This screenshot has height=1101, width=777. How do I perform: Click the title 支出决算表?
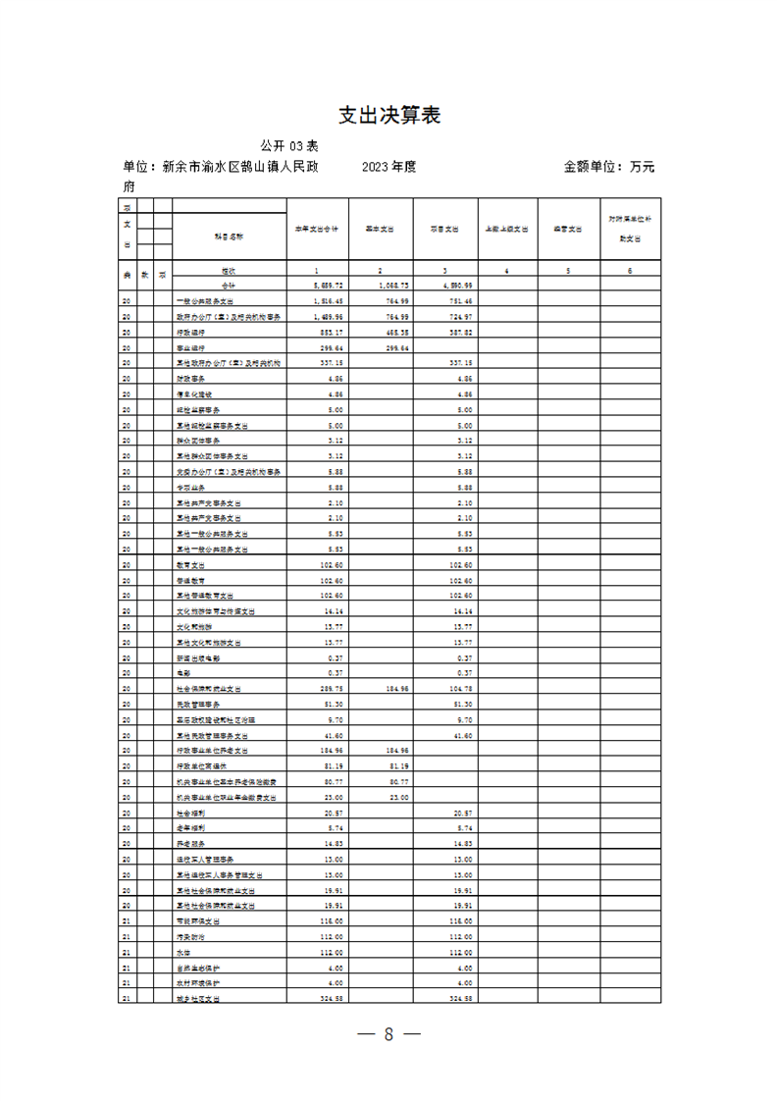point(388,115)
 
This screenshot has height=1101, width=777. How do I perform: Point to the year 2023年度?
point(388,167)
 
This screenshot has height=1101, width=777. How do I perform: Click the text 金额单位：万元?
point(608,167)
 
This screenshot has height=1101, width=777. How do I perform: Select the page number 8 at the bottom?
point(388,1034)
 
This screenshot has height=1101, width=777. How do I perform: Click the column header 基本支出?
point(380,229)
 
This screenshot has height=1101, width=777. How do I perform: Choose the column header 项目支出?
point(443,229)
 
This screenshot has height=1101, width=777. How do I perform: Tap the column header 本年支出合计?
point(317,229)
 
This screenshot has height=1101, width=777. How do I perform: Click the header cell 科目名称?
point(229,236)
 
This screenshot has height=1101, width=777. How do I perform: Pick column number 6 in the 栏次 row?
point(630,270)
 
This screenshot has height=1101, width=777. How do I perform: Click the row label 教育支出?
point(191,565)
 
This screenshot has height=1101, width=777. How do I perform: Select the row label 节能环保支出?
point(197,921)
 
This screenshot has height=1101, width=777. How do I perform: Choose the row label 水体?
point(183,953)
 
